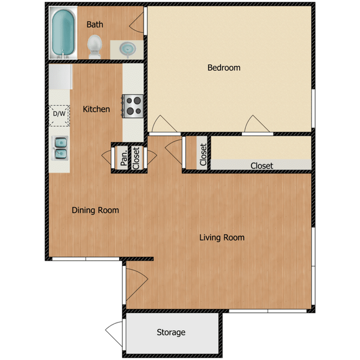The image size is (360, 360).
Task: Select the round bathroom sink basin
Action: click(128, 49)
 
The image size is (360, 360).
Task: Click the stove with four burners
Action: click(133, 105)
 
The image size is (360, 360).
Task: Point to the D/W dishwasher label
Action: click(59, 114)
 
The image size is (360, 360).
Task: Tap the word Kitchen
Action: click(96, 109)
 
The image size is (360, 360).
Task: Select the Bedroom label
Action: click(224, 68)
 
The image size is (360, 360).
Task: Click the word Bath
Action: click(95, 24)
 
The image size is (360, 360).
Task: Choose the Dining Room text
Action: click(95, 210)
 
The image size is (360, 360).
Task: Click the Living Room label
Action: click(222, 238)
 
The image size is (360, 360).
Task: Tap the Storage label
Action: click(171, 332)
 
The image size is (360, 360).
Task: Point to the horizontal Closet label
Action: click(261, 166)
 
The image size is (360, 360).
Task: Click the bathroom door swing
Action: click(136, 21)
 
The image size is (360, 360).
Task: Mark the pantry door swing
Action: click(107, 156)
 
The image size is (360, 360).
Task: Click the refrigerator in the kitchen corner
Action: click(61, 78)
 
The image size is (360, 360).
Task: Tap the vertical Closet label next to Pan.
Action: click(136, 157)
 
